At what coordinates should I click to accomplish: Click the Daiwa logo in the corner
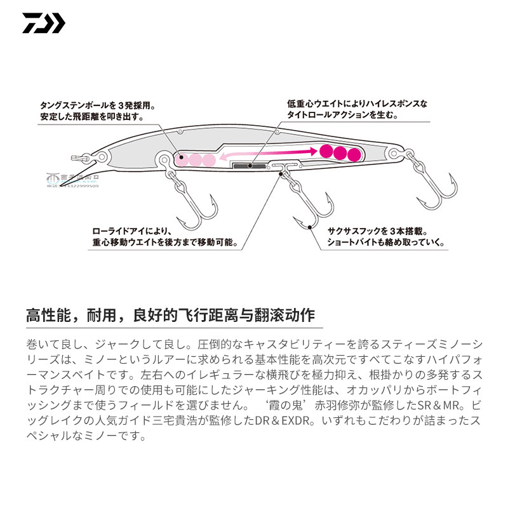point(43,23)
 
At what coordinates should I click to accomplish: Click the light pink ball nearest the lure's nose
point(181,160)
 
